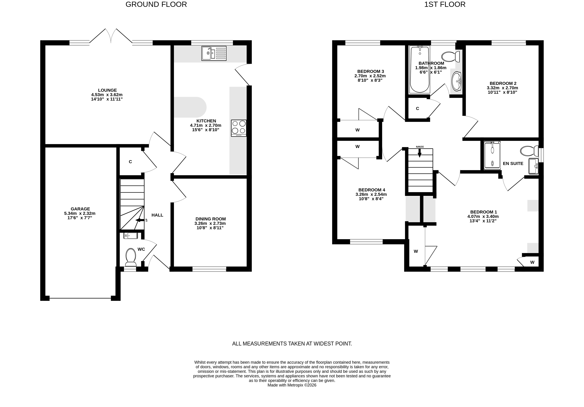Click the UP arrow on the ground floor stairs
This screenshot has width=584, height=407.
tap(140, 220)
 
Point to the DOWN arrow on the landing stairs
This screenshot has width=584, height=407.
tap(419, 152)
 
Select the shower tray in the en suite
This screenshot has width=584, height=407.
tap(492, 155)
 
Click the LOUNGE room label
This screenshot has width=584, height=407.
tap(107, 90)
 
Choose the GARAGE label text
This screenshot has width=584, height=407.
tap(80, 209)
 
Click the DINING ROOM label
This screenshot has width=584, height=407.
tap(211, 219)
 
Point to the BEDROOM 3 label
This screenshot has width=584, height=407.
tap(370, 71)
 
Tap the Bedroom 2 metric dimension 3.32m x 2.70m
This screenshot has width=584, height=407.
tap(502, 88)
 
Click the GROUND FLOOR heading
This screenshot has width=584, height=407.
tap(156, 4)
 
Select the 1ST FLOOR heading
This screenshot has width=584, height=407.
tap(445, 4)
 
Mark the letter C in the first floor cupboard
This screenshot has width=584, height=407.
tap(417, 109)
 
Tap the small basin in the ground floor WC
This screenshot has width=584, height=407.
tap(131, 236)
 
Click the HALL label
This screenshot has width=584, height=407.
tap(157, 215)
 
